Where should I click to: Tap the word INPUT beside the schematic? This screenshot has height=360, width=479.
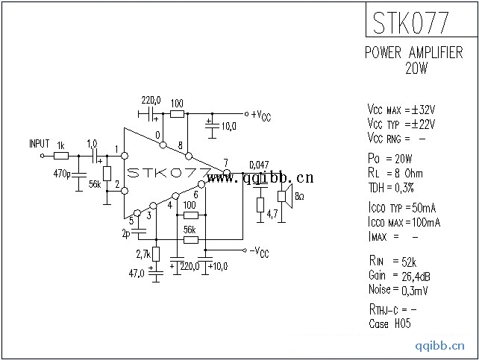[x=39, y=143]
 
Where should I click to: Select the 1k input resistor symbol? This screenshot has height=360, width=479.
[x=61, y=156]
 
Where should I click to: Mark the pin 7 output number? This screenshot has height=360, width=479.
[x=225, y=163]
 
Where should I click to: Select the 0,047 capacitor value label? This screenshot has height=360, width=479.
[x=259, y=165]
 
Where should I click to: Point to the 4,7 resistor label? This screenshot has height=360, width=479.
[x=273, y=214]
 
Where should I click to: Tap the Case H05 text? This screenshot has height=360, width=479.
[x=390, y=323]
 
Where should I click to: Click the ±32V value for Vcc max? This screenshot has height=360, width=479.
[x=423, y=109]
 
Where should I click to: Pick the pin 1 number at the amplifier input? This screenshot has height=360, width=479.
[x=117, y=149]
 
